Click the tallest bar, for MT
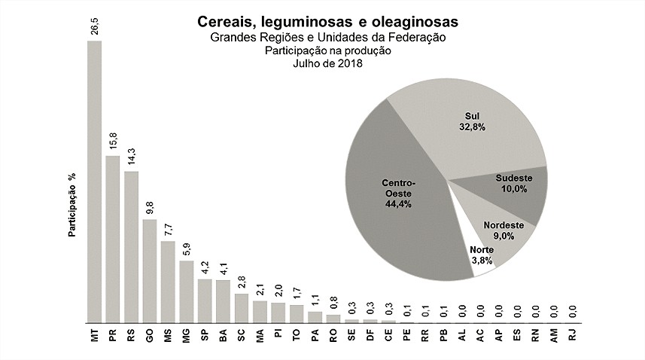tap(94, 181)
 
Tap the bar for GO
tap(149, 270)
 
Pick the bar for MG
tap(186, 291)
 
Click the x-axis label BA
tap(223, 338)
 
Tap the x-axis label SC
tap(241, 338)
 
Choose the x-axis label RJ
tap(572, 338)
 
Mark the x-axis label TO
tap(296, 338)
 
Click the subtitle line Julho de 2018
tap(328, 64)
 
